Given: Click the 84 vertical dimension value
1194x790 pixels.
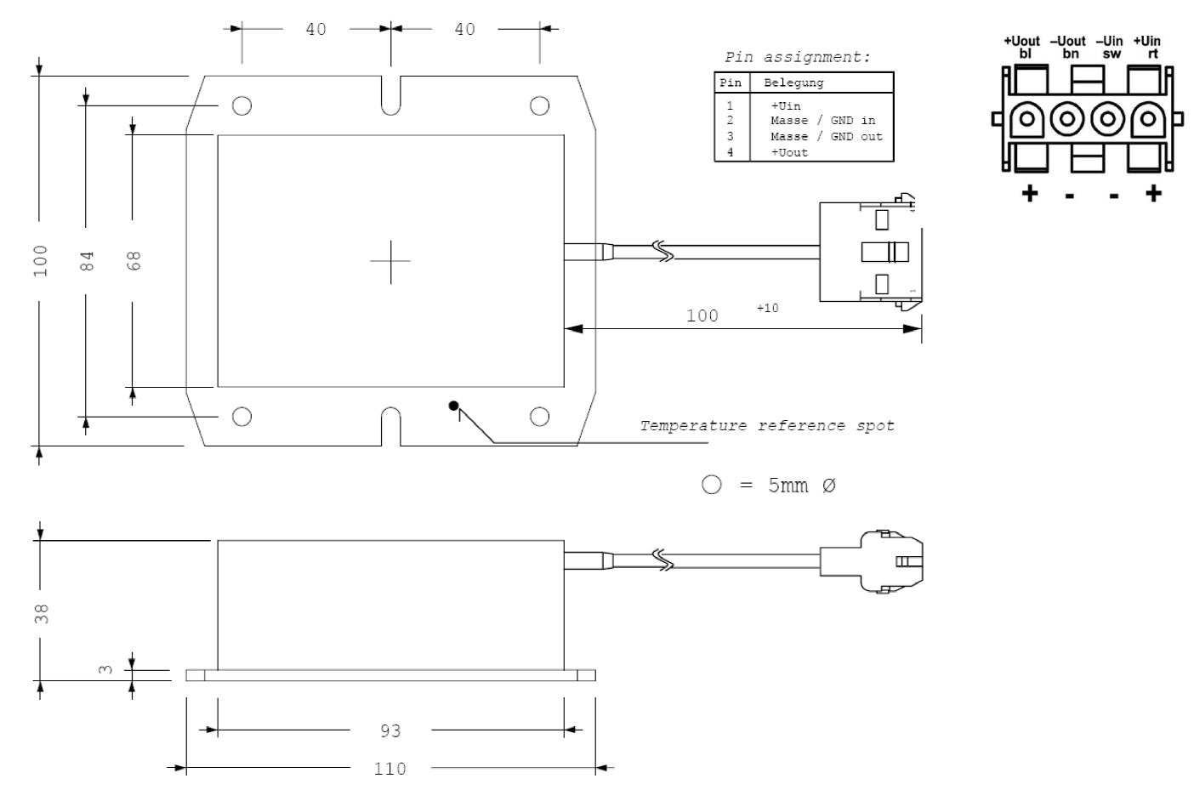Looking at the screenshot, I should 87,260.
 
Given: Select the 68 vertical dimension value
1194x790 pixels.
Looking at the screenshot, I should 134,260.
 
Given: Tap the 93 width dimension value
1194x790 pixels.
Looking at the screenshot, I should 390,730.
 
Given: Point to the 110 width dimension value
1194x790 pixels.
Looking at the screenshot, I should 390,770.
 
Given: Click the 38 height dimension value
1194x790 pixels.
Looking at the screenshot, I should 42,614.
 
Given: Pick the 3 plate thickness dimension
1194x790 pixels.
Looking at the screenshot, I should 105,669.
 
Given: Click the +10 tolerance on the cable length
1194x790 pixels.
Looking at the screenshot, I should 767,308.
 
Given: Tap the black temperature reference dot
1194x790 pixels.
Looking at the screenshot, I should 454,406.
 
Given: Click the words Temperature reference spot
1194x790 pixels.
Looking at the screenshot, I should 767,425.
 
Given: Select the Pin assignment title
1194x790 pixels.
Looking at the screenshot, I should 798,58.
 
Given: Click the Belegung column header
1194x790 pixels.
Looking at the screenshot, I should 793,83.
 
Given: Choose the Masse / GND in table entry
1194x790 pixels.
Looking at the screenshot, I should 822,121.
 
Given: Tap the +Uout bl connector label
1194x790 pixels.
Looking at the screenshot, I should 1021,47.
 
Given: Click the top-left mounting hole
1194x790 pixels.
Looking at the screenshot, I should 242,105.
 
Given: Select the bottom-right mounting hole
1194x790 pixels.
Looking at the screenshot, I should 539,416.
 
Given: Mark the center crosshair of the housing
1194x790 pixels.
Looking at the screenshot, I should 390,260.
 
